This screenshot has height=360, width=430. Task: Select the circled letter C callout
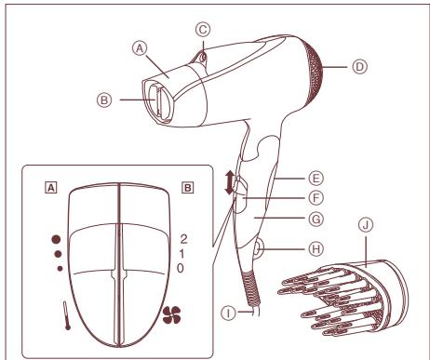coord(203,27)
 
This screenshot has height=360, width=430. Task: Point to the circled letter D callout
coord(358,66)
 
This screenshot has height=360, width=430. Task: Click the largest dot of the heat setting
coord(42,237)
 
